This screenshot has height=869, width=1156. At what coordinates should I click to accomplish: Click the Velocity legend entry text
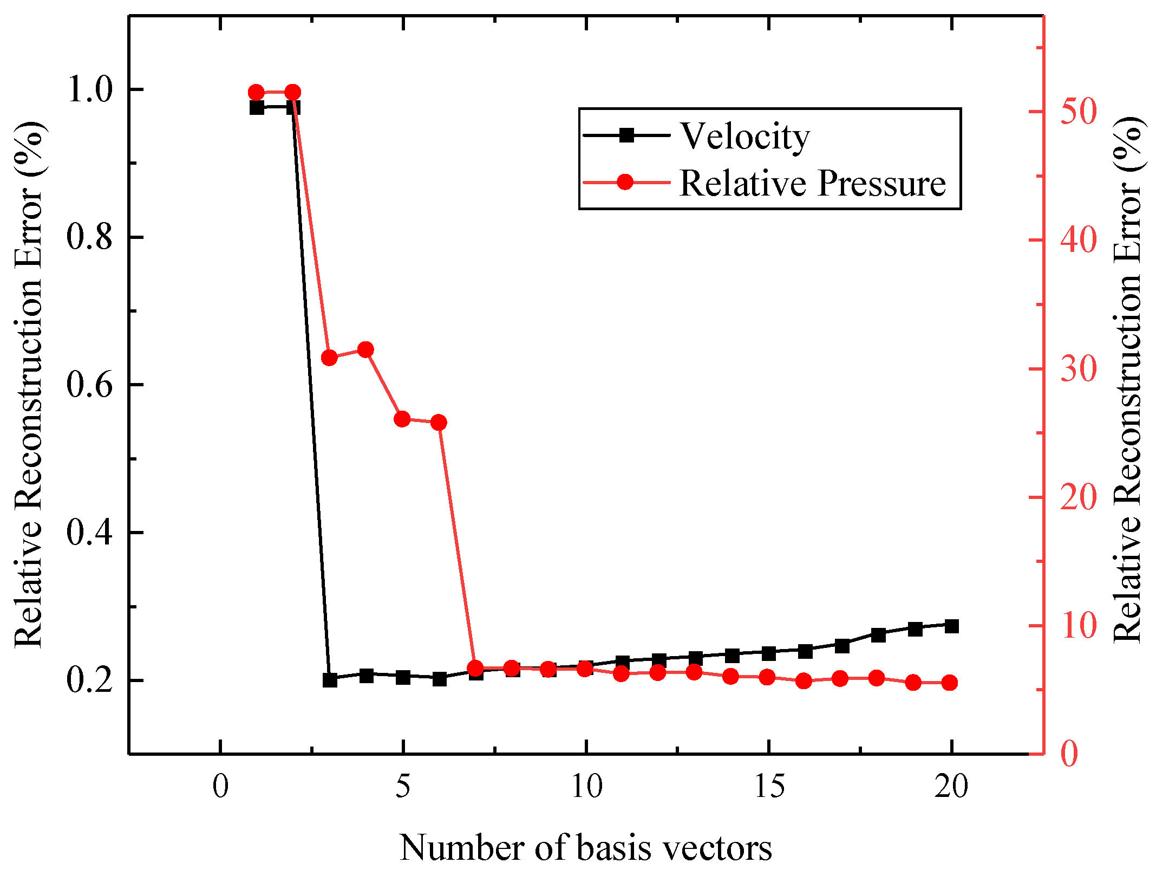[x=744, y=137]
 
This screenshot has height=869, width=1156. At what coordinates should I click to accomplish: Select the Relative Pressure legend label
[x=812, y=183]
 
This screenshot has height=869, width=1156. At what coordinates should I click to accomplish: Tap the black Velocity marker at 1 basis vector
[x=257, y=107]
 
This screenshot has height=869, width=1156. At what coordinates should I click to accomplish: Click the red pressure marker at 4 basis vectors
[x=366, y=349]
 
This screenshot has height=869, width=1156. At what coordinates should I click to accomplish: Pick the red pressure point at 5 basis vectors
[x=402, y=419]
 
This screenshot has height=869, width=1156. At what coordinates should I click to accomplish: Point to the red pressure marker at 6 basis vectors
[x=439, y=423]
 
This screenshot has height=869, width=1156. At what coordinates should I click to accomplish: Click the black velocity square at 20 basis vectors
[x=951, y=626]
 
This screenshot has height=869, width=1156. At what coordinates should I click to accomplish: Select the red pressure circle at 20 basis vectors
[x=950, y=683]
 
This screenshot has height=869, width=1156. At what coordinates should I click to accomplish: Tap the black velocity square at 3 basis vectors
[x=330, y=680]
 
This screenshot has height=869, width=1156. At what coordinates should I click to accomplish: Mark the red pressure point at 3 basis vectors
[x=329, y=358]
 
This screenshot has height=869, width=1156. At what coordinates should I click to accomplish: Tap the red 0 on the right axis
[x=1069, y=754]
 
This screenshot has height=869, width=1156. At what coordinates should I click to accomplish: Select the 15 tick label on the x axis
[x=769, y=786]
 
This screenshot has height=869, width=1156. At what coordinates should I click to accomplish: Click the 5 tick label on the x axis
[x=403, y=786]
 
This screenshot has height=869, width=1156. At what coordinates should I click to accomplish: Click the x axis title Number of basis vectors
[x=585, y=848]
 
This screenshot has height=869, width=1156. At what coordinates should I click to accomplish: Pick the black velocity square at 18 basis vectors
[x=878, y=634]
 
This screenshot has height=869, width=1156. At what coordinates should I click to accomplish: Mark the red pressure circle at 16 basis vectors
[x=804, y=681]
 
